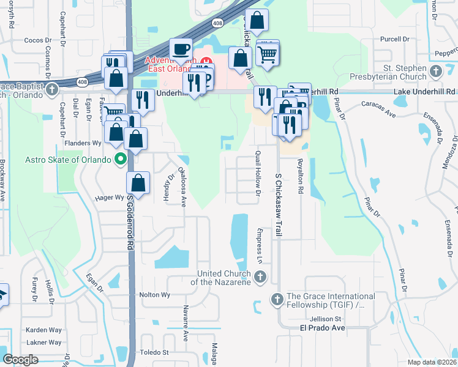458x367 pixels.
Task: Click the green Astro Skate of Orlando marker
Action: pos(121,160)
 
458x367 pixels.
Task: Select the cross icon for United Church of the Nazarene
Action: pos(260,278)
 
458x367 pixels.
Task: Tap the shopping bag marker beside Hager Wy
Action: pos(139,183)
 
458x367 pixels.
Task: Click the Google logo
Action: pos(20,360)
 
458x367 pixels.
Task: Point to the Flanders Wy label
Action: pos(83,143)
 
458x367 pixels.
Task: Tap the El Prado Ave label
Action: pos(322,328)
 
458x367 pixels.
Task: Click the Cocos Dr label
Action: pos(37,40)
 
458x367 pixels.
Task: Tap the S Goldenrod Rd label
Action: pos(130,226)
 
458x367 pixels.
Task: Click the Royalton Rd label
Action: pos(301,177)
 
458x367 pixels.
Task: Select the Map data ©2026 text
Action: pos(431,362)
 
